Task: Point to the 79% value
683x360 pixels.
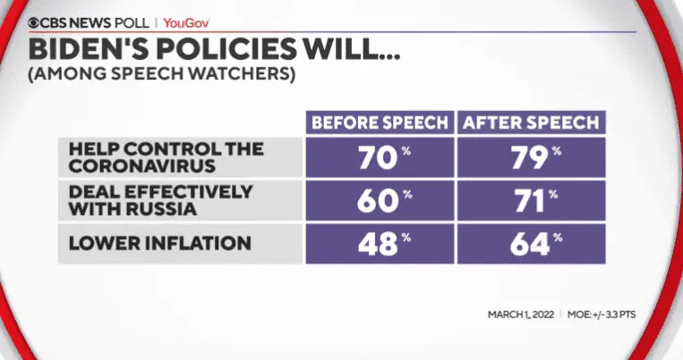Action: [x=528, y=159]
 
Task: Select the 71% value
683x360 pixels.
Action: [x=528, y=201]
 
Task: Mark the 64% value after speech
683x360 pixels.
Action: [x=528, y=243]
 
